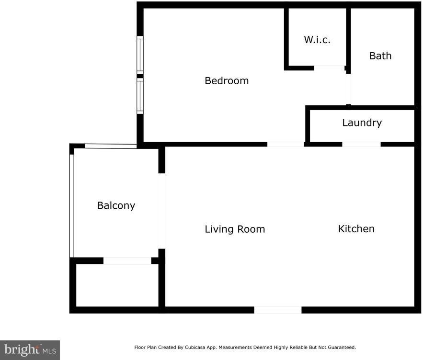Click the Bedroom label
[227, 80]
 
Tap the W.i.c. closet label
[317, 40]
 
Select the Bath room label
[380, 56]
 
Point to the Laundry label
[362, 123]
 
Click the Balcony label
[116, 205]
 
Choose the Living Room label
[235, 229]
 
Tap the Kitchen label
[356, 229]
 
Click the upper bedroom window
[140, 55]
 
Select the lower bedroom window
[140, 96]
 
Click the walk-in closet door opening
[330, 68]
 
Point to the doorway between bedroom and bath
[349, 89]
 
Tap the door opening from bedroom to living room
[286, 144]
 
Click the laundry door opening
[362, 144]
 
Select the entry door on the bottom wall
[278, 310]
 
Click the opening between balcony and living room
[161, 211]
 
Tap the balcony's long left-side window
[72, 206]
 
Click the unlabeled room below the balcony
[117, 285]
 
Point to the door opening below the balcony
[127, 261]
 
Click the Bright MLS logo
[30, 350]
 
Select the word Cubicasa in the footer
[195, 348]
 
